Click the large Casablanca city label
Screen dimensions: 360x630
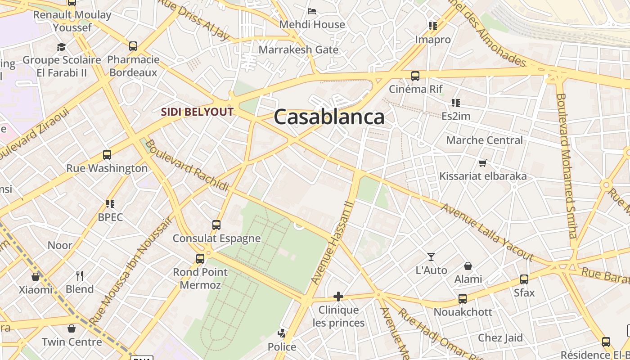(329, 117)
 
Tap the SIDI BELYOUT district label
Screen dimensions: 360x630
(198, 112)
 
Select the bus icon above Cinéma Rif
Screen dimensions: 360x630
(415, 76)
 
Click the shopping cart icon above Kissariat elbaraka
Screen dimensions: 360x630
(483, 163)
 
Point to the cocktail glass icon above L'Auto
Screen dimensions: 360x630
(431, 257)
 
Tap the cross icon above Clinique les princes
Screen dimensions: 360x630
(338, 297)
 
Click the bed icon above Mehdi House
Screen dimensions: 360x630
(312, 11)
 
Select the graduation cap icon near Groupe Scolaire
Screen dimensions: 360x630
(61, 47)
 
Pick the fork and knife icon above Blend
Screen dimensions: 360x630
(80, 275)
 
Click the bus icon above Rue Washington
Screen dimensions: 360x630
(107, 155)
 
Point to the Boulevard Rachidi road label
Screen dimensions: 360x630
(187, 165)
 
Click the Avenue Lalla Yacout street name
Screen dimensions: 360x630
(487, 232)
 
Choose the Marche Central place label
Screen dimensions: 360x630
(484, 140)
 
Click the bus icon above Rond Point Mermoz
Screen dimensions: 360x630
(200, 259)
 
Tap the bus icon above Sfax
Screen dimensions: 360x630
(524, 279)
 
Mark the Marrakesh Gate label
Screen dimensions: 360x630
(298, 49)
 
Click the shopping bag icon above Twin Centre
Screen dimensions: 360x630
(72, 328)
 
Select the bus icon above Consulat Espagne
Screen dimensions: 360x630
(216, 225)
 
